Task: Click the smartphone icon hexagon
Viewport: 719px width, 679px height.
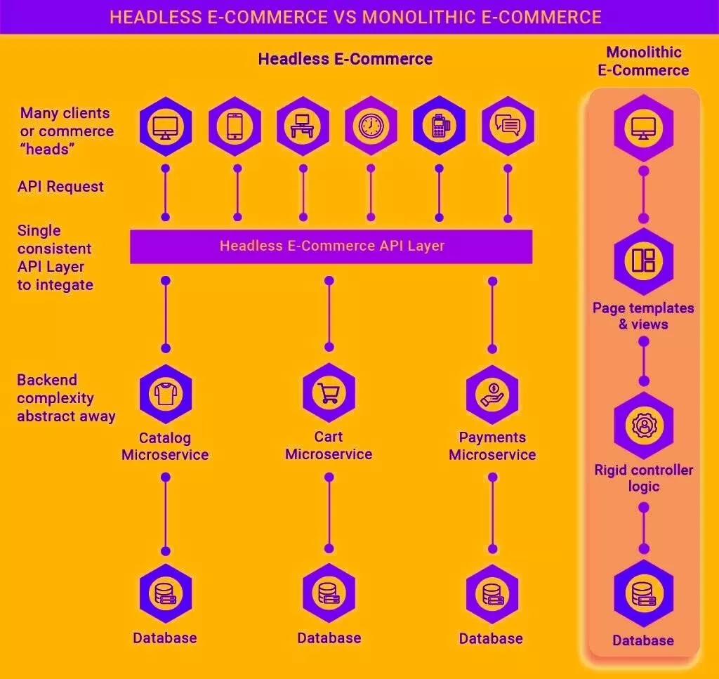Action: [235, 126]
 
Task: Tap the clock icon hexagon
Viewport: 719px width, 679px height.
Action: [370, 126]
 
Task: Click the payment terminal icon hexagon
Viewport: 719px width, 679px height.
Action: [439, 126]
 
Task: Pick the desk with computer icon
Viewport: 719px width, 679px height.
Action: [303, 126]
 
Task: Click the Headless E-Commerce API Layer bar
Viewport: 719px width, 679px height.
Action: [331, 246]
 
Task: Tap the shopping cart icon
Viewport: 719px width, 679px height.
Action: [329, 393]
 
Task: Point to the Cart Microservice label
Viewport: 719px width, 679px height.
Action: [329, 445]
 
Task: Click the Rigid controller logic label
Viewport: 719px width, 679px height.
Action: [643, 478]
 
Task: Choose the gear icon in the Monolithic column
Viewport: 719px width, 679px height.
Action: [643, 426]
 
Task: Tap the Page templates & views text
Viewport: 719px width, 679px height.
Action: [643, 316]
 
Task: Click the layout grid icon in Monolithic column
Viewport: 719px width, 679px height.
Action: [643, 261]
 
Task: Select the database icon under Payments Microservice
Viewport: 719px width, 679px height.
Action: [492, 593]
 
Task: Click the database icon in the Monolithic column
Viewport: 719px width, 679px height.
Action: [643, 593]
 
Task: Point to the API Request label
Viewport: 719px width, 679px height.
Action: [60, 187]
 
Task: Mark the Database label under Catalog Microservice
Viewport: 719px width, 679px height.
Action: [165, 638]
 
